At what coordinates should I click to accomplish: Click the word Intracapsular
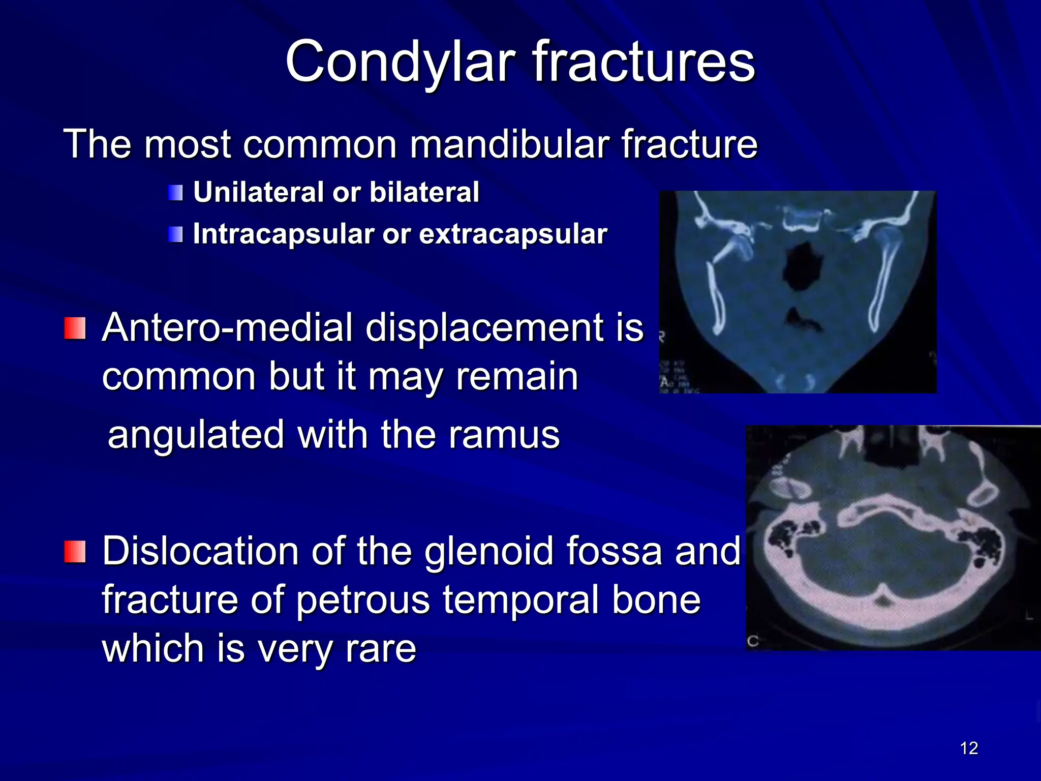(283, 234)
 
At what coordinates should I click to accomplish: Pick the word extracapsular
(513, 234)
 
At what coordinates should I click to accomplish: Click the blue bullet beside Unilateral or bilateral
(175, 193)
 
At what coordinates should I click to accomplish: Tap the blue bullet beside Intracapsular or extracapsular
(175, 235)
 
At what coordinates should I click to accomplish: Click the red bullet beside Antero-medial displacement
(75, 328)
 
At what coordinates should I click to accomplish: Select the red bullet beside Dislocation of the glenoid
(75, 552)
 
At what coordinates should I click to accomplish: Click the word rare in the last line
(381, 649)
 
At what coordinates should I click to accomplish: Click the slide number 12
(969, 748)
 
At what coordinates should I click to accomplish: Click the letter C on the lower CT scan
(753, 641)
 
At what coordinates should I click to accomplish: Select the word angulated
(196, 435)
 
